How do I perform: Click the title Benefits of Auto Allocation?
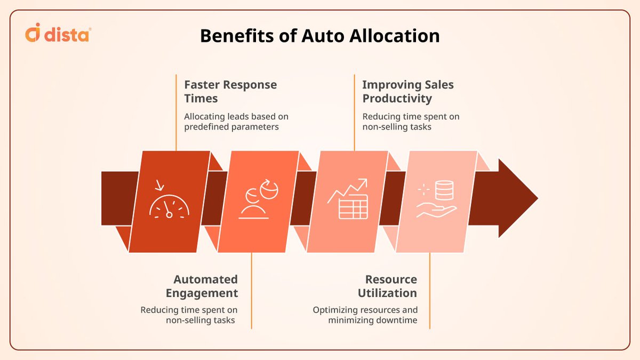(x=320, y=36)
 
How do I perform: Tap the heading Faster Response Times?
(x=230, y=91)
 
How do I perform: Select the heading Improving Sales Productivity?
(x=408, y=91)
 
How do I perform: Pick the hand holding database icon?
(x=436, y=199)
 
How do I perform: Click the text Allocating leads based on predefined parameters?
(x=236, y=122)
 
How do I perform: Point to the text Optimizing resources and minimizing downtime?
(x=365, y=315)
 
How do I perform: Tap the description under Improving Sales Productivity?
(x=411, y=122)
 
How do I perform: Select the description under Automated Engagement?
(x=189, y=315)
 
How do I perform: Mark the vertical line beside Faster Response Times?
(x=176, y=112)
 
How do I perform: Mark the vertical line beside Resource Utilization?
(x=430, y=291)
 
